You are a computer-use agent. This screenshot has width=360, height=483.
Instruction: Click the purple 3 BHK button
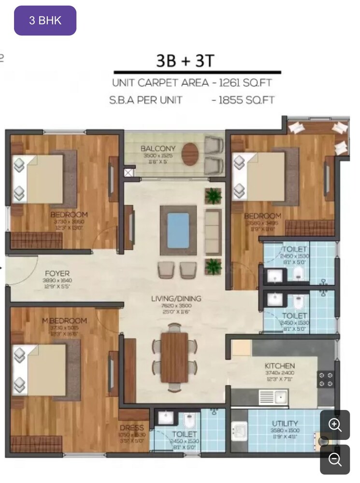(x=45, y=21)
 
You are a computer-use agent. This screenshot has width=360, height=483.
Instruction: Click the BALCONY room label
(x=158, y=148)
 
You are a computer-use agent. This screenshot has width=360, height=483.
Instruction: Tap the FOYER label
(x=58, y=273)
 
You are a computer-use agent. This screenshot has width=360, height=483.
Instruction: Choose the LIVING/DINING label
(x=176, y=298)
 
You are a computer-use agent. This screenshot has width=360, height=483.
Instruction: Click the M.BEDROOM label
(x=64, y=321)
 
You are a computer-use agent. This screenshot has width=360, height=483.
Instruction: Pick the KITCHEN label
(x=279, y=366)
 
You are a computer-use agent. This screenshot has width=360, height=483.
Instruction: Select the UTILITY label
(x=285, y=424)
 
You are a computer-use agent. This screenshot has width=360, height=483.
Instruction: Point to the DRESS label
(x=132, y=427)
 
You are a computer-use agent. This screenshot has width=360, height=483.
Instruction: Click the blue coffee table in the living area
(x=178, y=229)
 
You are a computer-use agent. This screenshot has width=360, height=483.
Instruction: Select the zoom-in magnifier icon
(x=335, y=425)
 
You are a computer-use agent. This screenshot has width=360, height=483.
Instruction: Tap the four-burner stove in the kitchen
(x=325, y=380)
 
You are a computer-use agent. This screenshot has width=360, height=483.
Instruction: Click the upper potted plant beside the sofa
(x=213, y=196)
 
